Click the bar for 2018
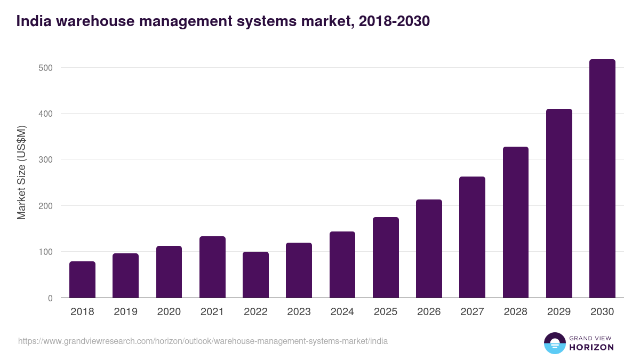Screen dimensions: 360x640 tap(82, 279)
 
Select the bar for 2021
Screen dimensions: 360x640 tap(212, 267)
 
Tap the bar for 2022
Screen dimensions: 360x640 tap(255, 275)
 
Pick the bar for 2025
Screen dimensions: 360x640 tap(386, 257)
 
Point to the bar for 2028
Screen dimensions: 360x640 tap(516, 222)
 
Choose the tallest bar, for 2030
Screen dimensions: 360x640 tap(602, 178)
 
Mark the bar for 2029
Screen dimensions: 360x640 tap(559, 203)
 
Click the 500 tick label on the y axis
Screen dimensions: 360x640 tap(45, 68)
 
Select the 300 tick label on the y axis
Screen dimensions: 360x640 tap(45, 160)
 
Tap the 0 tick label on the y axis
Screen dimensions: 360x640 tap(50, 298)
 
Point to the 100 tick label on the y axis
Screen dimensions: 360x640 tap(45, 252)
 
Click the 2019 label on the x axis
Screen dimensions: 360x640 tap(125, 312)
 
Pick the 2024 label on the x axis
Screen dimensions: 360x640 tap(342, 312)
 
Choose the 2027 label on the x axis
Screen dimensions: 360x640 tap(472, 312)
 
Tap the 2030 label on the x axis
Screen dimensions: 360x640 tap(602, 312)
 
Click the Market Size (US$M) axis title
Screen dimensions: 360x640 tap(21, 173)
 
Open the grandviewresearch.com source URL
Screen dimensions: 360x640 tap(203, 341)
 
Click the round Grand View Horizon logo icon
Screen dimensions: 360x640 tap(554, 343)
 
